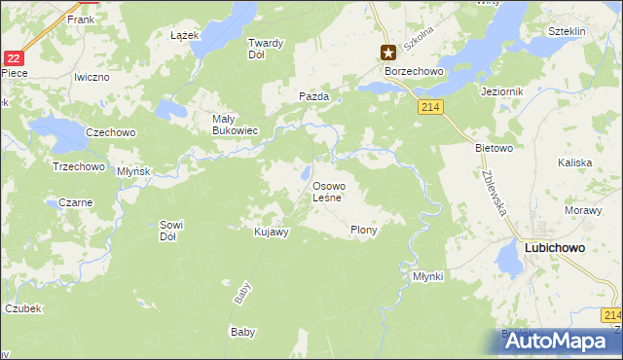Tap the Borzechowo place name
pos(414,71)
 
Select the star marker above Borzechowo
pos(387,53)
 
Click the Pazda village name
pos(313,97)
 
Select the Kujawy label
pos(271,232)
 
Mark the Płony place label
pos(363,231)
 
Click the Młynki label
pos(427,276)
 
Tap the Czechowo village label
pos(110,132)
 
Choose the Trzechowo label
pos(78,166)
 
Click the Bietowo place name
pos(493,149)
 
